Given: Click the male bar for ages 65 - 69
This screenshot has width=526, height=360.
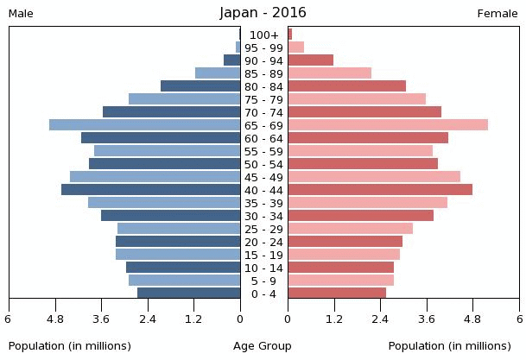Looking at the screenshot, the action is (x=144, y=124).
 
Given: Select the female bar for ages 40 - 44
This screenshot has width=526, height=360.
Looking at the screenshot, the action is (x=380, y=189).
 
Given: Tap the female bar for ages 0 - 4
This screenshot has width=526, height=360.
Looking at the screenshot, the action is (x=337, y=293).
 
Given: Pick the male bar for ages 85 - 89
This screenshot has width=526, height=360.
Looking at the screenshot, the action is (x=218, y=73).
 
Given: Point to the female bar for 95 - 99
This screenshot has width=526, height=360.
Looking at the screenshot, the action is (x=296, y=47).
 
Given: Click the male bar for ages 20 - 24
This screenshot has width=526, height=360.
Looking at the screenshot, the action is (x=178, y=242).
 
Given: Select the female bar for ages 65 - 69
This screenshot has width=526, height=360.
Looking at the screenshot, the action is (x=388, y=124).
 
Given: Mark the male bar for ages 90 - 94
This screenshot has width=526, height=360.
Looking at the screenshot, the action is (x=232, y=60).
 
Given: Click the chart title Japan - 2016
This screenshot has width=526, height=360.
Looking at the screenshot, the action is (x=263, y=13).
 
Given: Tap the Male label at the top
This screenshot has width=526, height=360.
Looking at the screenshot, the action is (x=21, y=14).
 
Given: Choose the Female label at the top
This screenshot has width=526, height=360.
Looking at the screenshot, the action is (x=497, y=14).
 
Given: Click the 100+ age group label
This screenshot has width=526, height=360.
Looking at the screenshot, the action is (x=264, y=35).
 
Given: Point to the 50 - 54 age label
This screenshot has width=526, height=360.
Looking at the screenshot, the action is (x=263, y=165).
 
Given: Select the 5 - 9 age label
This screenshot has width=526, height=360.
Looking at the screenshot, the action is (x=263, y=281).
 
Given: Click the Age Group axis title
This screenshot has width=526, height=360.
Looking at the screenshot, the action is (x=263, y=346).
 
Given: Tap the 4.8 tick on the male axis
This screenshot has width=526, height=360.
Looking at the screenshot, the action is (x=55, y=319).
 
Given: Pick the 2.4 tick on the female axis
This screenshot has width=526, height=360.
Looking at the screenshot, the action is (x=380, y=319).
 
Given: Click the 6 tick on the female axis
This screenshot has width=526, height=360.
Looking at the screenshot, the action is (x=520, y=319).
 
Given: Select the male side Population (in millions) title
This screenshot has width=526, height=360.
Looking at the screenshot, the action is (x=70, y=346).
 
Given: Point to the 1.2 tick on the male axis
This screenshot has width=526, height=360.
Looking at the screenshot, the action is (x=193, y=319).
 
